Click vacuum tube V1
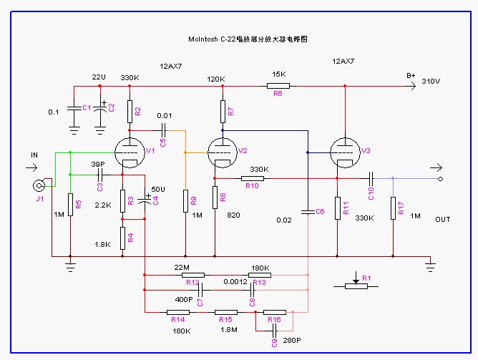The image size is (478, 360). pos(130,151)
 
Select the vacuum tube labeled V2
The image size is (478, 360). pos(223,151)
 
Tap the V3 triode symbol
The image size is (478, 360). pos(345,151)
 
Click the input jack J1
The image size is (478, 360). pos(39,185)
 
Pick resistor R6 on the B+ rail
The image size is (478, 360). pos(278,86)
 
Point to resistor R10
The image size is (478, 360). pos(252,177)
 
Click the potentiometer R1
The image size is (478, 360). pos(356,285)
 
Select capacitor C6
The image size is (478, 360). pos(308,212)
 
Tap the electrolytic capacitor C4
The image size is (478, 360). pos(145,200)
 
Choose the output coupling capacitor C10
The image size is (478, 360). pos(371,177)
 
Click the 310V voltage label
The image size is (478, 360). pos(431,81)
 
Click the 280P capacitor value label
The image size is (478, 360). pos(291,342)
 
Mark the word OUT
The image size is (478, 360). pos(442,220)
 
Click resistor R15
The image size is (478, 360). pos(226,312)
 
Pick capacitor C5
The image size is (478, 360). pos(165,130)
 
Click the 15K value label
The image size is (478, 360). pos(278,74)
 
